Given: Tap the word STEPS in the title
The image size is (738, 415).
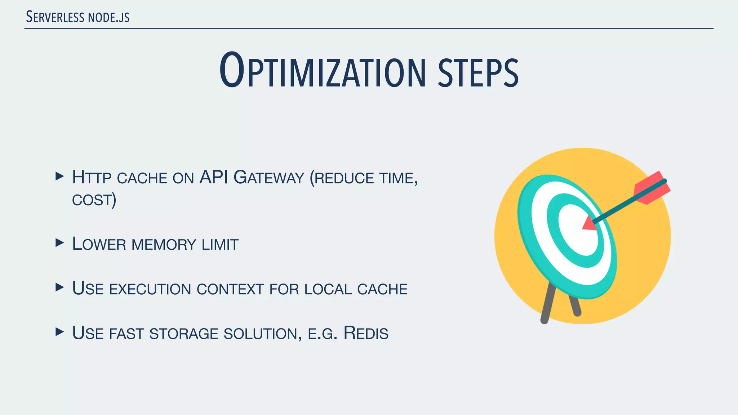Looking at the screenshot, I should point(478,73).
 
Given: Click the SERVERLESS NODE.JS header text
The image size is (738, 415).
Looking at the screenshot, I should point(78,17).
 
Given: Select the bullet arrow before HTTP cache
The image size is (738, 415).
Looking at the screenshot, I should point(59,176).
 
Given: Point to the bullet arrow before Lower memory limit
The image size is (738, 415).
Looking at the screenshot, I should point(59,242).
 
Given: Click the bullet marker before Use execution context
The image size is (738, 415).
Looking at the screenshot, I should point(59,287).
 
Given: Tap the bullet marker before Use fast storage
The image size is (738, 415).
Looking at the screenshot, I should point(59,331).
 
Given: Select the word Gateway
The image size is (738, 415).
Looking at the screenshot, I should point(269,177).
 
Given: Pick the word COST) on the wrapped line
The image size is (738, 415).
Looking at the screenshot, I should point(94,200).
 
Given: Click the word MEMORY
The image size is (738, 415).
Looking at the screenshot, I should point(164,245).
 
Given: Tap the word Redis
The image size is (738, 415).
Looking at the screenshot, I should point(366,333).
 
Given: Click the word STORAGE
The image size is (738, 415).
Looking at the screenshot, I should point(183,334).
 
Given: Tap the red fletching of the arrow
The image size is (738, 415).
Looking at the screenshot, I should point(652,188).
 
